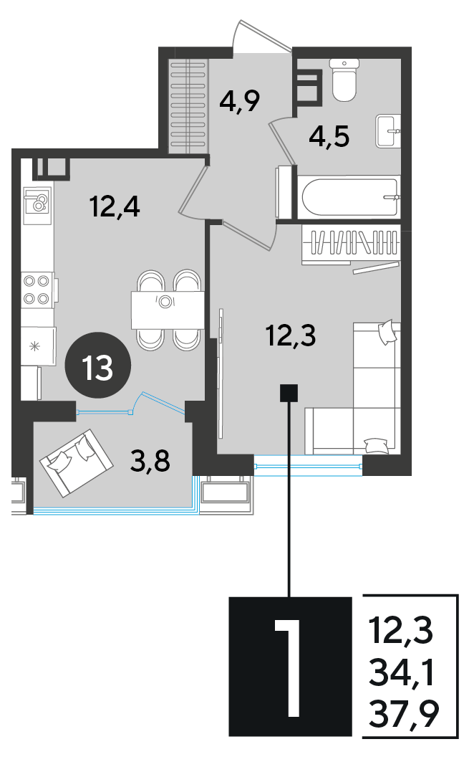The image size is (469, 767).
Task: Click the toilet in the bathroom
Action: pyautogui.click(x=344, y=80)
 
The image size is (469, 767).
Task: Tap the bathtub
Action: pyautogui.click(x=350, y=198)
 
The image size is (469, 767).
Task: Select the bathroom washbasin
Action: pyautogui.click(x=388, y=130)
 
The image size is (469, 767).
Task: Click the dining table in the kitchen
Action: pyautogui.click(x=168, y=310)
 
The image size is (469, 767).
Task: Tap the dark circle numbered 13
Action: pyautogui.click(x=98, y=366)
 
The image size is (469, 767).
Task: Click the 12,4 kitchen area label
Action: pyautogui.click(x=115, y=206)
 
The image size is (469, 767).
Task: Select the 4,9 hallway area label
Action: pyautogui.click(x=239, y=101)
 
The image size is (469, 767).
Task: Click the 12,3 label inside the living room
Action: pyautogui.click(x=291, y=335)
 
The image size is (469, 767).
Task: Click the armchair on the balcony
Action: pyautogui.click(x=77, y=463)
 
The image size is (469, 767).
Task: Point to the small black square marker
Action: pyautogui.click(x=289, y=394)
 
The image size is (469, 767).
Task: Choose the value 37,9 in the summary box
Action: pyautogui.click(x=404, y=713)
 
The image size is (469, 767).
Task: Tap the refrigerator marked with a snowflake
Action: pyautogui.click(x=38, y=346)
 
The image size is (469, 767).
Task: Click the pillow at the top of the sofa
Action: pyautogui.click(x=388, y=331)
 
